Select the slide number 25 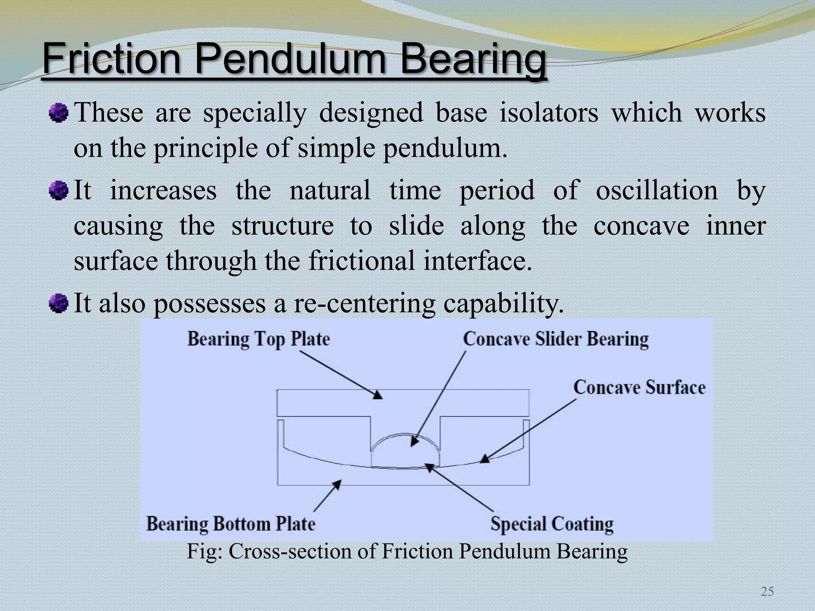[x=767, y=592]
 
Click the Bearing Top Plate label [x=259, y=339]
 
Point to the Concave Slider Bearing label [x=556, y=339]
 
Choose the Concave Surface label [x=639, y=387]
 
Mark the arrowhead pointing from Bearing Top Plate [x=377, y=395]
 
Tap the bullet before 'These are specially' [x=58, y=113]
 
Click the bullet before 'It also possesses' [x=58, y=304]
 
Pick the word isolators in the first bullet [x=549, y=113]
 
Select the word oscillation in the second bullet [x=657, y=190]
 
